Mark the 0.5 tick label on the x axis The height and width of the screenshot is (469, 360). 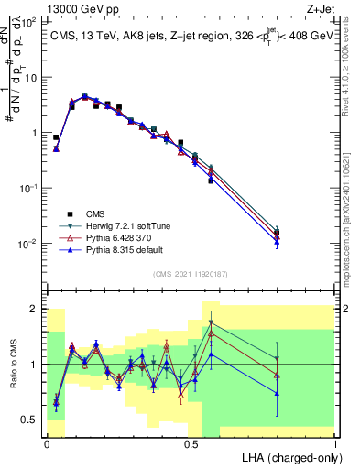click(191, 444)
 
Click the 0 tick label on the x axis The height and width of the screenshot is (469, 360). click(47, 444)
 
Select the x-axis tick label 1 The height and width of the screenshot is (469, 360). click(335, 444)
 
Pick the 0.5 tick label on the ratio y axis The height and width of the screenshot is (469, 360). click(31, 420)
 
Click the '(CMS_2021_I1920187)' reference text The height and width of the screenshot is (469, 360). click(191, 272)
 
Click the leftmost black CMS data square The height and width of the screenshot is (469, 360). click(56, 137)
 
